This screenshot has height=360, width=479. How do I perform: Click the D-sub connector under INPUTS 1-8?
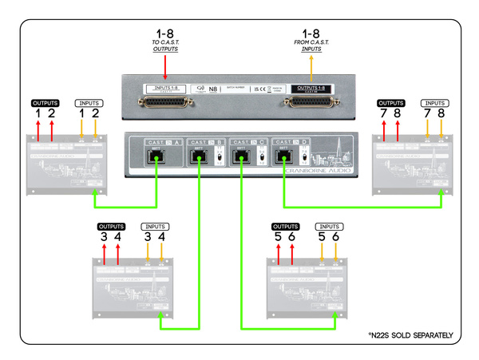[x=165, y=104]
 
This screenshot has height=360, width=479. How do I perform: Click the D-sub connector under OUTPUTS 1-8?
[x=312, y=104]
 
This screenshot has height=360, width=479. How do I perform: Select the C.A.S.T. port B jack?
[x=198, y=156]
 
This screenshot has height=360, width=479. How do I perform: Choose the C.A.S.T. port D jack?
[x=281, y=156]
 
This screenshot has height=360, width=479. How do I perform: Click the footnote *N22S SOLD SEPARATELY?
[x=410, y=334]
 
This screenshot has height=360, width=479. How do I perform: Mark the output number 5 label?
[x=279, y=237]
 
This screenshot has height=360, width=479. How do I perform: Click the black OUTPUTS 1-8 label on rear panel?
[x=312, y=88]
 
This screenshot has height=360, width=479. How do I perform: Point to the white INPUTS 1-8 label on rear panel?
[x=165, y=88]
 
